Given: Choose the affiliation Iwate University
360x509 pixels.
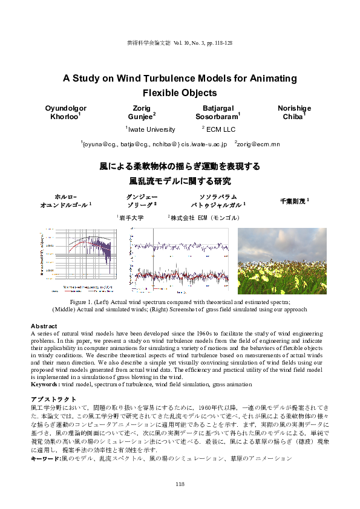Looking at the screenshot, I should (x=151, y=129).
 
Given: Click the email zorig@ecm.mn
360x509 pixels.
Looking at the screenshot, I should (x=258, y=144).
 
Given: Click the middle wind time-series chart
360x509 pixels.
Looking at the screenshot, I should (x=180, y=261).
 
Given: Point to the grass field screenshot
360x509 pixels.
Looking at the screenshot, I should (x=282, y=261).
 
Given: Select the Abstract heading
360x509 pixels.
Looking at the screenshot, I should (x=44, y=326).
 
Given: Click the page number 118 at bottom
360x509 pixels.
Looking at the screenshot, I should (x=180, y=484).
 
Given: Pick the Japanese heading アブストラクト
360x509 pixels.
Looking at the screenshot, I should (x=54, y=400).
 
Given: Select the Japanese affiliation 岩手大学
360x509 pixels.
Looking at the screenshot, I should (x=131, y=218).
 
